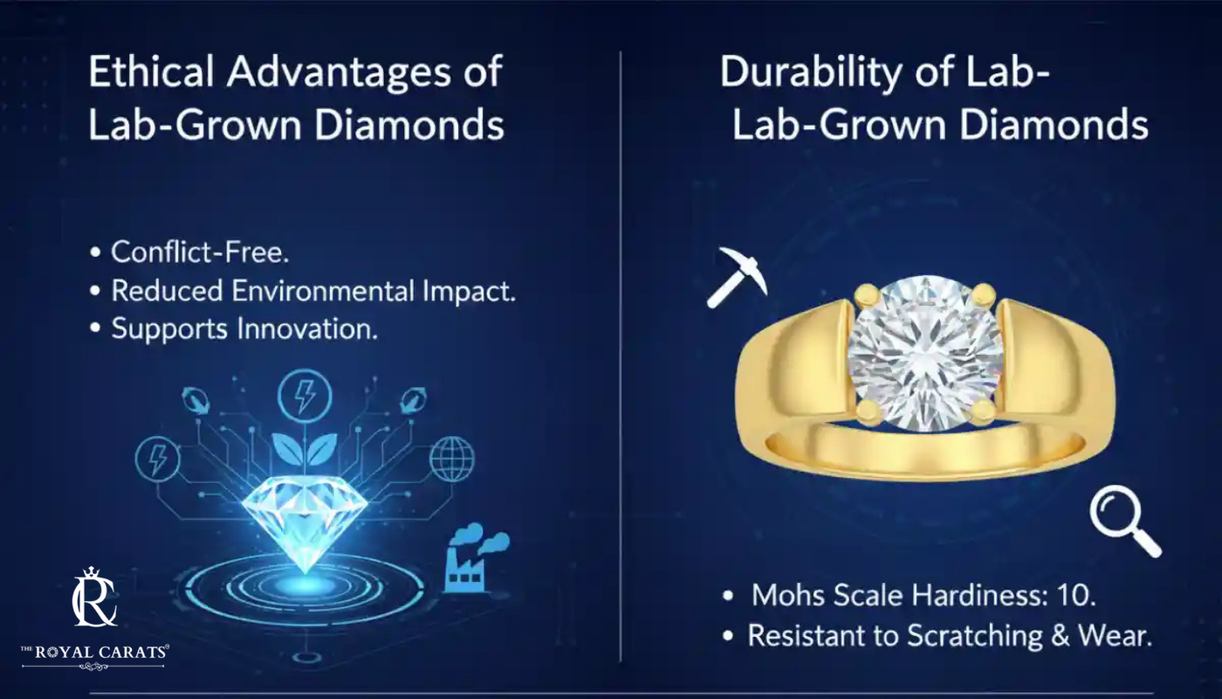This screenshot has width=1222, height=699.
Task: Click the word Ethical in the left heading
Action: [x=150, y=72]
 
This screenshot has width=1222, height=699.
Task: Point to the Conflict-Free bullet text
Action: [x=200, y=252]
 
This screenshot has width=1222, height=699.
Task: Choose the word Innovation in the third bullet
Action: [x=307, y=329]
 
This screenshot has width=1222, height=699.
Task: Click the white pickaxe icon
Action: [x=738, y=277]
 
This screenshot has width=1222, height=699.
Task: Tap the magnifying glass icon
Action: [x=1125, y=521]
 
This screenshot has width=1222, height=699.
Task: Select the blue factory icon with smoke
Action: [x=477, y=558]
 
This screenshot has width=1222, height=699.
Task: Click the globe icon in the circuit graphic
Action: [x=452, y=459]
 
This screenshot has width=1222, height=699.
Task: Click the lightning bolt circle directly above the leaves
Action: [x=305, y=395]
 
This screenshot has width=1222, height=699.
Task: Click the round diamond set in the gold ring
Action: [x=925, y=353]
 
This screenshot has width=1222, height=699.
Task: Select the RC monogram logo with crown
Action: [x=94, y=597]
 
